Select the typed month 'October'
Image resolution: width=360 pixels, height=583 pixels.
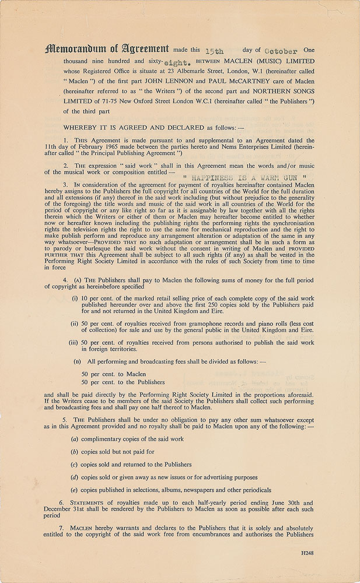coord(278,51)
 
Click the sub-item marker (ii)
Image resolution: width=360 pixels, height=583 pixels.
coord(75,329)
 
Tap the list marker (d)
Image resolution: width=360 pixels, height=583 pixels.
coord(75,477)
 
